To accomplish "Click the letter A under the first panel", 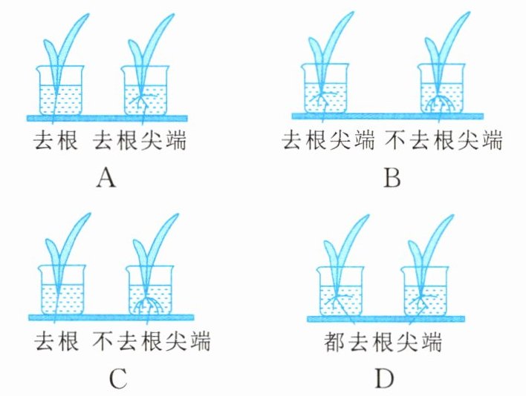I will coord(108,178).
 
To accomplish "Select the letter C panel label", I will coord(119,379).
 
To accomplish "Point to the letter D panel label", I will coord(383,379).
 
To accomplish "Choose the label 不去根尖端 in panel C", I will coord(152,343).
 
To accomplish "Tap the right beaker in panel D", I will coord(424,293).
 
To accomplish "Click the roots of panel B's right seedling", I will coord(442,104).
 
